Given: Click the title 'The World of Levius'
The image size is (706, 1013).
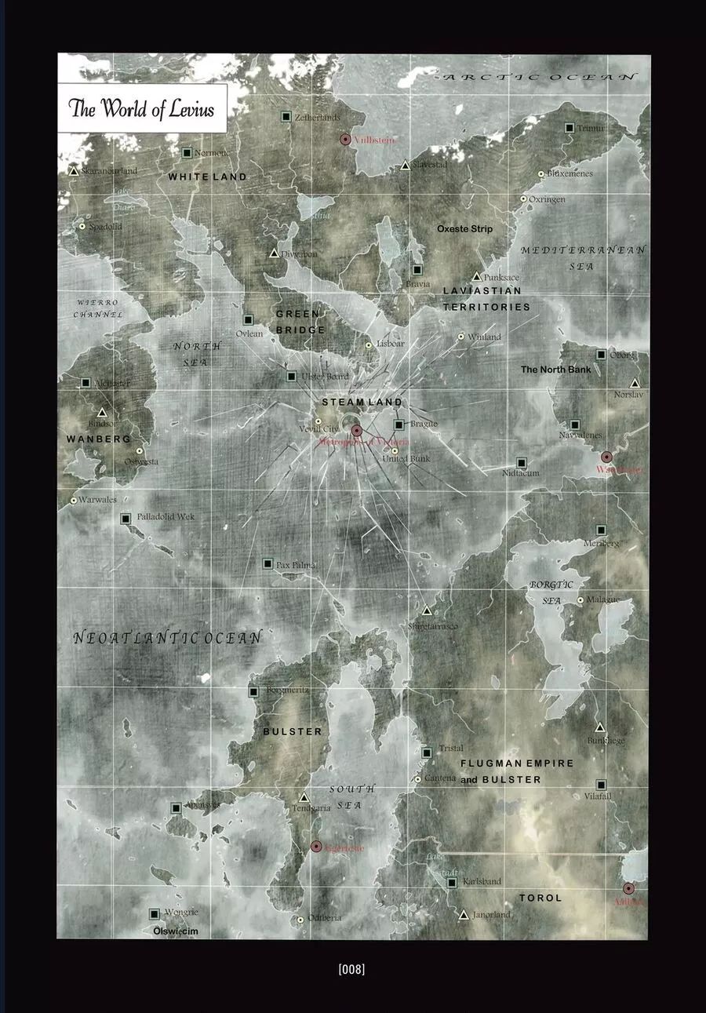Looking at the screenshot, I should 142,108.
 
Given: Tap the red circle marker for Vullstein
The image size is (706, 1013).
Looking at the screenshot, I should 345,139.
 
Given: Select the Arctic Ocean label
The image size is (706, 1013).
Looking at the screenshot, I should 540,76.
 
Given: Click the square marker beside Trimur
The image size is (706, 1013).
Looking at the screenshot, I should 570,127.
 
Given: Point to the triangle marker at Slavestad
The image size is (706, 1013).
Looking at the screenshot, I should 406,166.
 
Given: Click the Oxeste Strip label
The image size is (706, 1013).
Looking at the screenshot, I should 465,228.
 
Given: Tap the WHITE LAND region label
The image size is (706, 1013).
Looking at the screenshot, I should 207,177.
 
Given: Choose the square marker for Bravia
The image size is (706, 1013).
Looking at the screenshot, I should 417,270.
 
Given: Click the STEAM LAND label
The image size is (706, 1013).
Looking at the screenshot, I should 362,402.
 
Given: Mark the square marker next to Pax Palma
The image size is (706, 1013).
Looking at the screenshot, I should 267,563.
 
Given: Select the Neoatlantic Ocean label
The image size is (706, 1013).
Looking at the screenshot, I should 167,638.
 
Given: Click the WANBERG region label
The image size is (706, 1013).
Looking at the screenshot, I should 99,439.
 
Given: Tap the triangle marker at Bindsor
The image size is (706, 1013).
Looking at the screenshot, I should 101,413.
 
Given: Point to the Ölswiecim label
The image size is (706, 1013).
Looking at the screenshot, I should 176,931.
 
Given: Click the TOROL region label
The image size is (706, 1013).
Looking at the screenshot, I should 540,898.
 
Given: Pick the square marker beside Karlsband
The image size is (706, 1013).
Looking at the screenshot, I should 452,883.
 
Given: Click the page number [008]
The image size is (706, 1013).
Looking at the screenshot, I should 352,969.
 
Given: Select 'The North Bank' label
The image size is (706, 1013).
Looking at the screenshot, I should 556,369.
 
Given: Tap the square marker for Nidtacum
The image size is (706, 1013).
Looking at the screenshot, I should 521,463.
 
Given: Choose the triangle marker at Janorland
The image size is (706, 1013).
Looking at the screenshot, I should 464,915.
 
